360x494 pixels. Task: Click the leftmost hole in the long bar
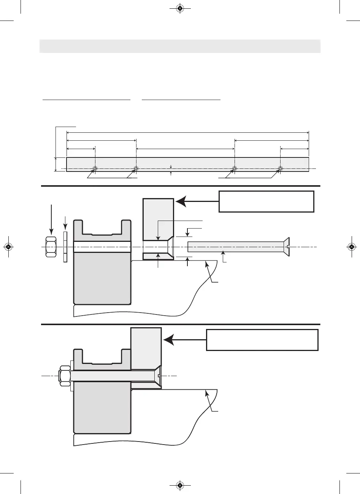click(95, 168)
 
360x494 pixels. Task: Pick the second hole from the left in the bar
click(136, 168)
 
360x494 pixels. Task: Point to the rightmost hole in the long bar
click(280, 168)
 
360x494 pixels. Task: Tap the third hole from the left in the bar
click(235, 168)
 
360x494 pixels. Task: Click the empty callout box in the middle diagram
click(266, 202)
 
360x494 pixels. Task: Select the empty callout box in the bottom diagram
click(262, 340)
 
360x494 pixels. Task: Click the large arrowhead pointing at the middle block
click(182, 201)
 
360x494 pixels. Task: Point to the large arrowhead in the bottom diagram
click(170, 340)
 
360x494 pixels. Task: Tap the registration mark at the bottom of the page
click(180, 485)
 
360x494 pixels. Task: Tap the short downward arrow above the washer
click(65, 223)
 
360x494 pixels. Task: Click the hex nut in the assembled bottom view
click(64, 376)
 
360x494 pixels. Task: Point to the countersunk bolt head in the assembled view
click(158, 376)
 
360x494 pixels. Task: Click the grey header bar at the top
click(180, 46)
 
